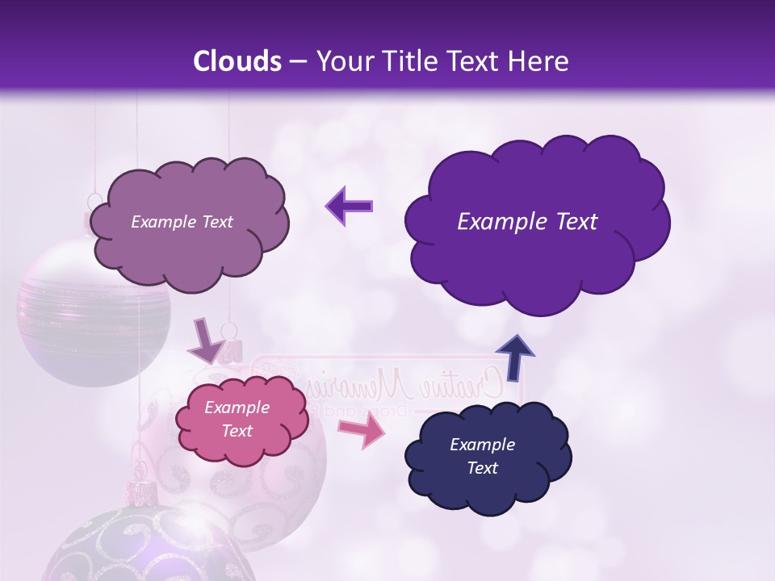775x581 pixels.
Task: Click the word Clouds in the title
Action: click(237, 61)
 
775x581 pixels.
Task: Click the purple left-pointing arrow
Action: click(349, 206)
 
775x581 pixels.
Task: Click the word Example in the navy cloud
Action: click(482, 445)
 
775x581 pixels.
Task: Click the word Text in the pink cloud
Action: click(237, 431)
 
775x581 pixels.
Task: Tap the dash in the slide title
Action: click(297, 62)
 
